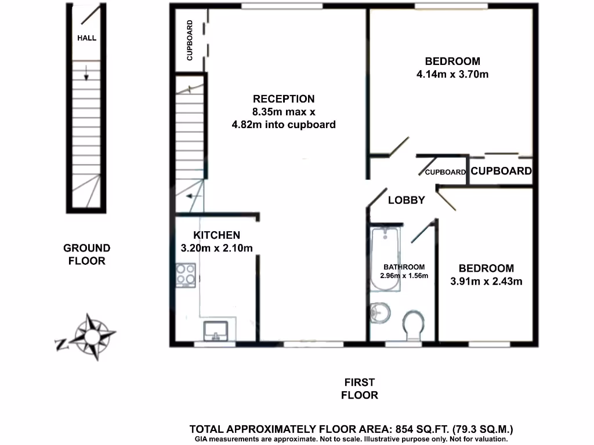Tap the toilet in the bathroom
(414, 326)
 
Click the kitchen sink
(216, 330)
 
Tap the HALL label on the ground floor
(87, 38)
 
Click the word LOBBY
(406, 200)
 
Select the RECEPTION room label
(284, 99)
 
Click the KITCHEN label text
(216, 235)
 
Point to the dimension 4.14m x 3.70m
(452, 74)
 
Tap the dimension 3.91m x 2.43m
(486, 282)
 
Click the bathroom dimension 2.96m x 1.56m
(404, 276)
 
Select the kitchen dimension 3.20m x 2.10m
(216, 248)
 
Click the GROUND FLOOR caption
(86, 254)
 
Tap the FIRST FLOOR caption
(360, 389)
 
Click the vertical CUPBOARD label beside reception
(190, 41)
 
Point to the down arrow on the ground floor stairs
(86, 74)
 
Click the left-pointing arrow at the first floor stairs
(194, 196)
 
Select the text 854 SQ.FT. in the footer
(418, 430)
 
